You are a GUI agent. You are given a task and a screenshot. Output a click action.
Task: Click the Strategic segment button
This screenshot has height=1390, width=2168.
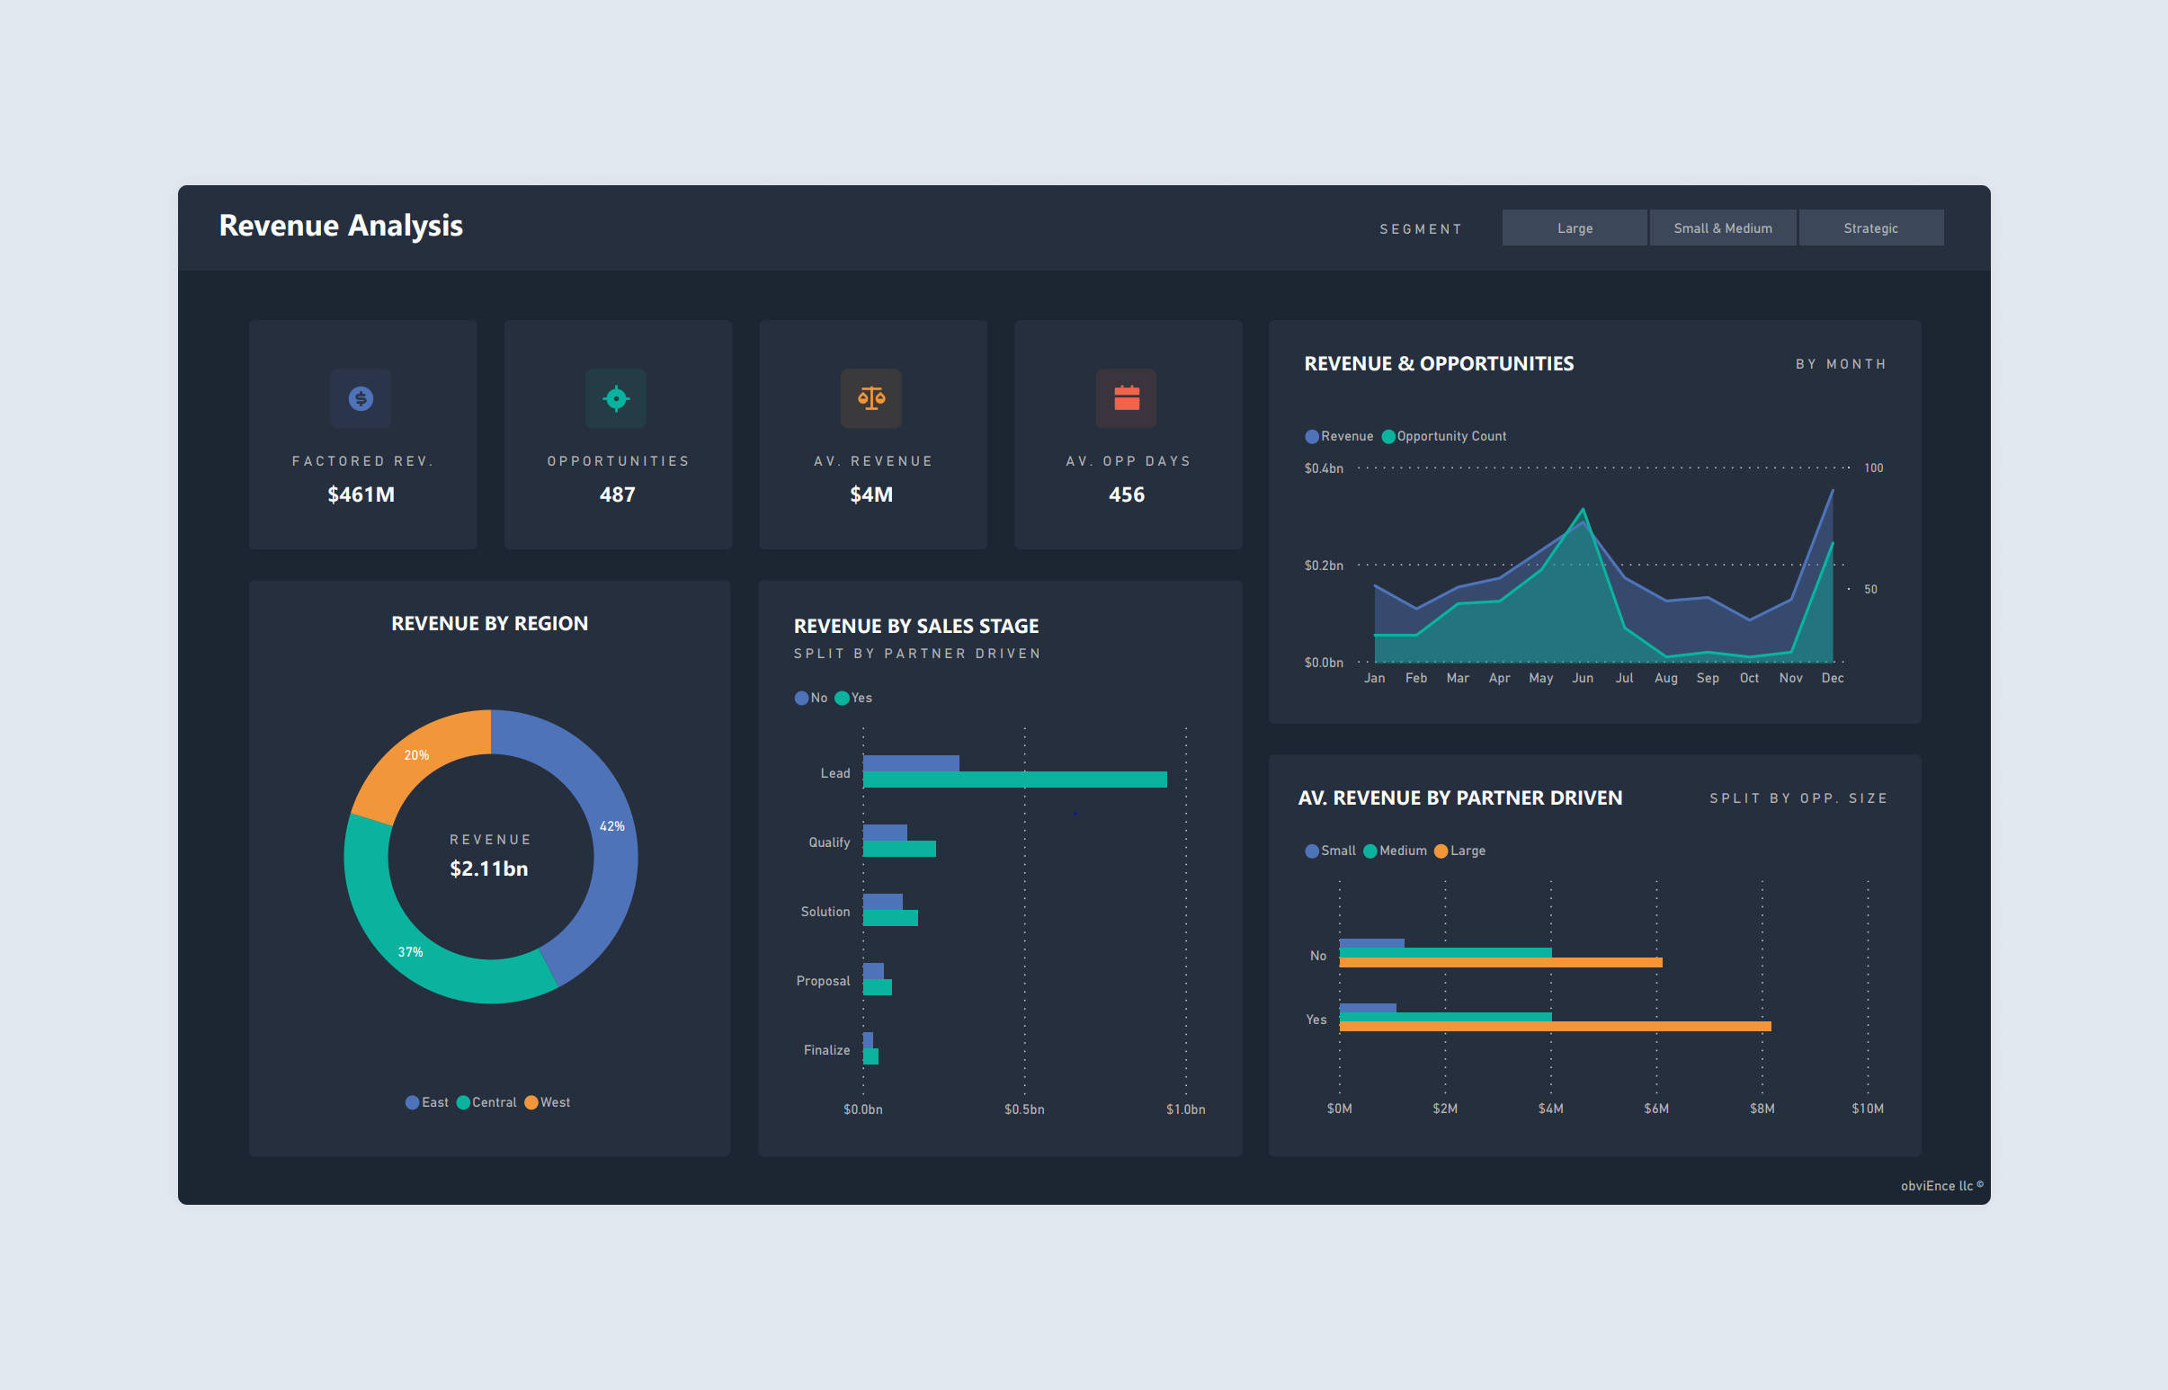1870,228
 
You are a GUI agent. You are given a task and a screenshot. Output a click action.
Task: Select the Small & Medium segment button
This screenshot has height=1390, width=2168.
1722,228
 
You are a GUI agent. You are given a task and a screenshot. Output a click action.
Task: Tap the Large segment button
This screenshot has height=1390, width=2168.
1575,228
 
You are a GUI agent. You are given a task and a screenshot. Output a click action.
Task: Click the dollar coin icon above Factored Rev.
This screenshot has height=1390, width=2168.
361,398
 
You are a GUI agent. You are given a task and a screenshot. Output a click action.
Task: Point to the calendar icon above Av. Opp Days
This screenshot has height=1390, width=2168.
1127,398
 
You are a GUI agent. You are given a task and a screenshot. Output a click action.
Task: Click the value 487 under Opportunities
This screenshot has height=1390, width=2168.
618,495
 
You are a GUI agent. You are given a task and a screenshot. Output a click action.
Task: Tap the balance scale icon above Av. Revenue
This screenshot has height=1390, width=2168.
871,398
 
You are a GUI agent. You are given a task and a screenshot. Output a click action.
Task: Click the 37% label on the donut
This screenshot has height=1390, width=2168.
411,951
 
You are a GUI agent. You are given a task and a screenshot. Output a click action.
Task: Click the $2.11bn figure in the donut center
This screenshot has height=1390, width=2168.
489,869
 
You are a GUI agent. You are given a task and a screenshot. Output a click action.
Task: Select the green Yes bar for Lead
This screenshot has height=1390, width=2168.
1013,780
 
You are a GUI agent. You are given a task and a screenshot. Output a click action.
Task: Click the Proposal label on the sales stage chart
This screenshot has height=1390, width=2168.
822,981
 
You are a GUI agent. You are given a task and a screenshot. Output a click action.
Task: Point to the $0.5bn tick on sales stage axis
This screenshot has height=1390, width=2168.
1023,1109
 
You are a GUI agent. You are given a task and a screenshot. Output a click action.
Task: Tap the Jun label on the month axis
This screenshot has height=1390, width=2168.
1583,678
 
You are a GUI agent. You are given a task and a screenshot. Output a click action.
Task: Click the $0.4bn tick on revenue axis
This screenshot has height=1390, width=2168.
1323,468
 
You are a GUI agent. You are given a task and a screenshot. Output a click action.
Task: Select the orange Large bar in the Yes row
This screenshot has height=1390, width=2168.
1554,1026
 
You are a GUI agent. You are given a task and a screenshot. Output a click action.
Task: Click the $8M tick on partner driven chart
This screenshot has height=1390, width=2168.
1762,1109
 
